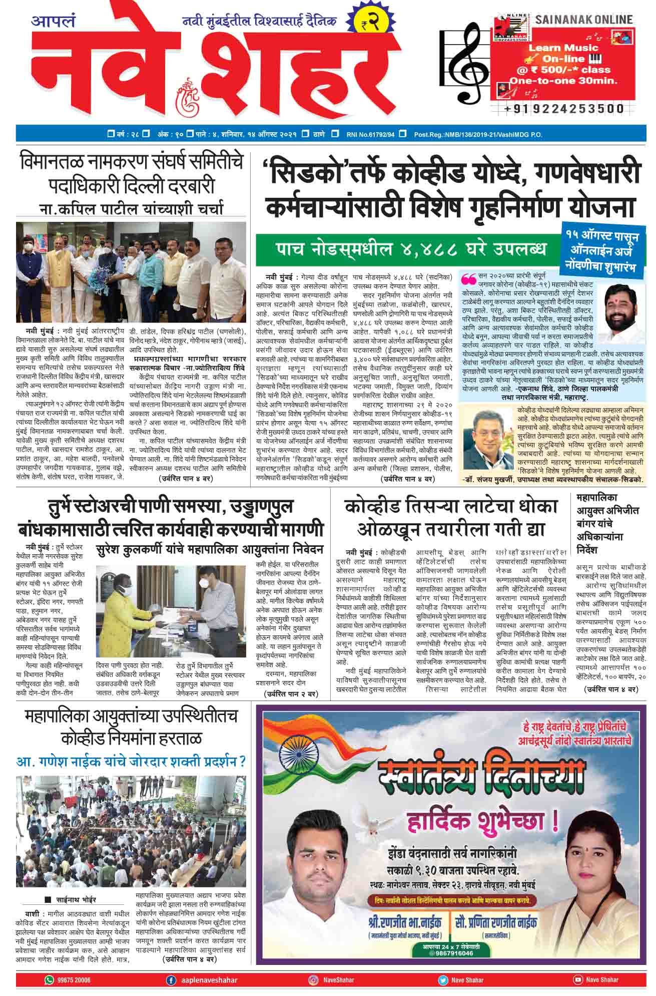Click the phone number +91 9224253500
(x=564, y=109)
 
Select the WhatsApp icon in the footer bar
(x=49, y=980)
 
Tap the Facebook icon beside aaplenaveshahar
(x=171, y=980)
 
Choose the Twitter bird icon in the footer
(x=443, y=980)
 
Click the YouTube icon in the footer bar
(x=578, y=980)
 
